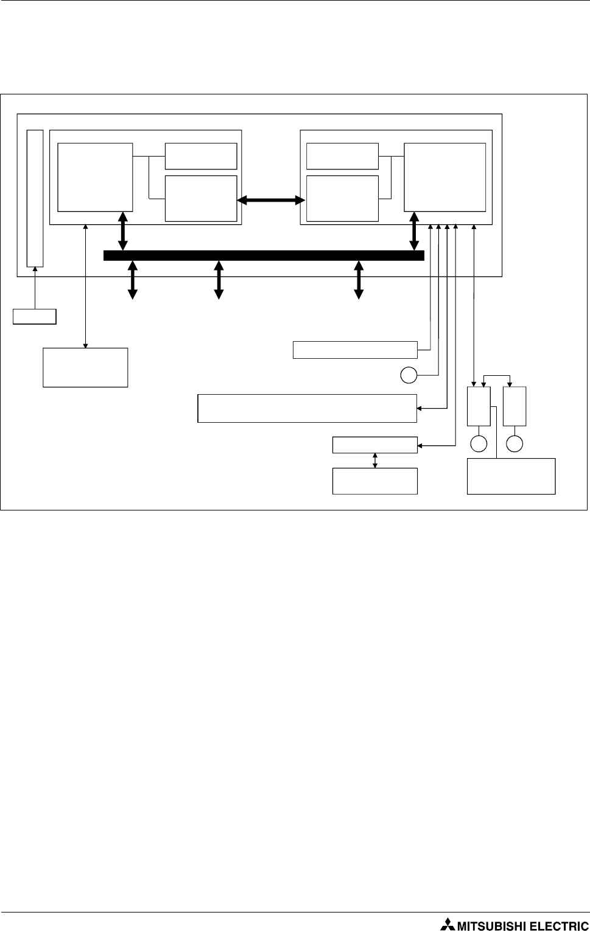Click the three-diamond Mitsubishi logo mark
pyautogui.click(x=448, y=925)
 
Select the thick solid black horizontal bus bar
pyautogui.click(x=264, y=255)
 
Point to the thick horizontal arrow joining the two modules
pyautogui.click(x=271, y=200)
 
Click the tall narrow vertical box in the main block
pyautogui.click(x=35, y=198)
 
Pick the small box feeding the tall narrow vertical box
pyautogui.click(x=35, y=317)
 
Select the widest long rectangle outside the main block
pyautogui.click(x=307, y=408)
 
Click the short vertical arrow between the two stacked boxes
pyautogui.click(x=375, y=461)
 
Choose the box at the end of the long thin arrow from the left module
pyautogui.click(x=85, y=367)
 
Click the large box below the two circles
pyautogui.click(x=511, y=476)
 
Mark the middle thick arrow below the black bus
pyautogui.click(x=219, y=280)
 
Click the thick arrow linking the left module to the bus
pyautogui.click(x=123, y=231)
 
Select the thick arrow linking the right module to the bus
pyautogui.click(x=415, y=231)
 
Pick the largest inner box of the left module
pyautogui.click(x=95, y=177)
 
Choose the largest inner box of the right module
pyautogui.click(x=445, y=177)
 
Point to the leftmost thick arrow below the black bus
pyautogui.click(x=132, y=280)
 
